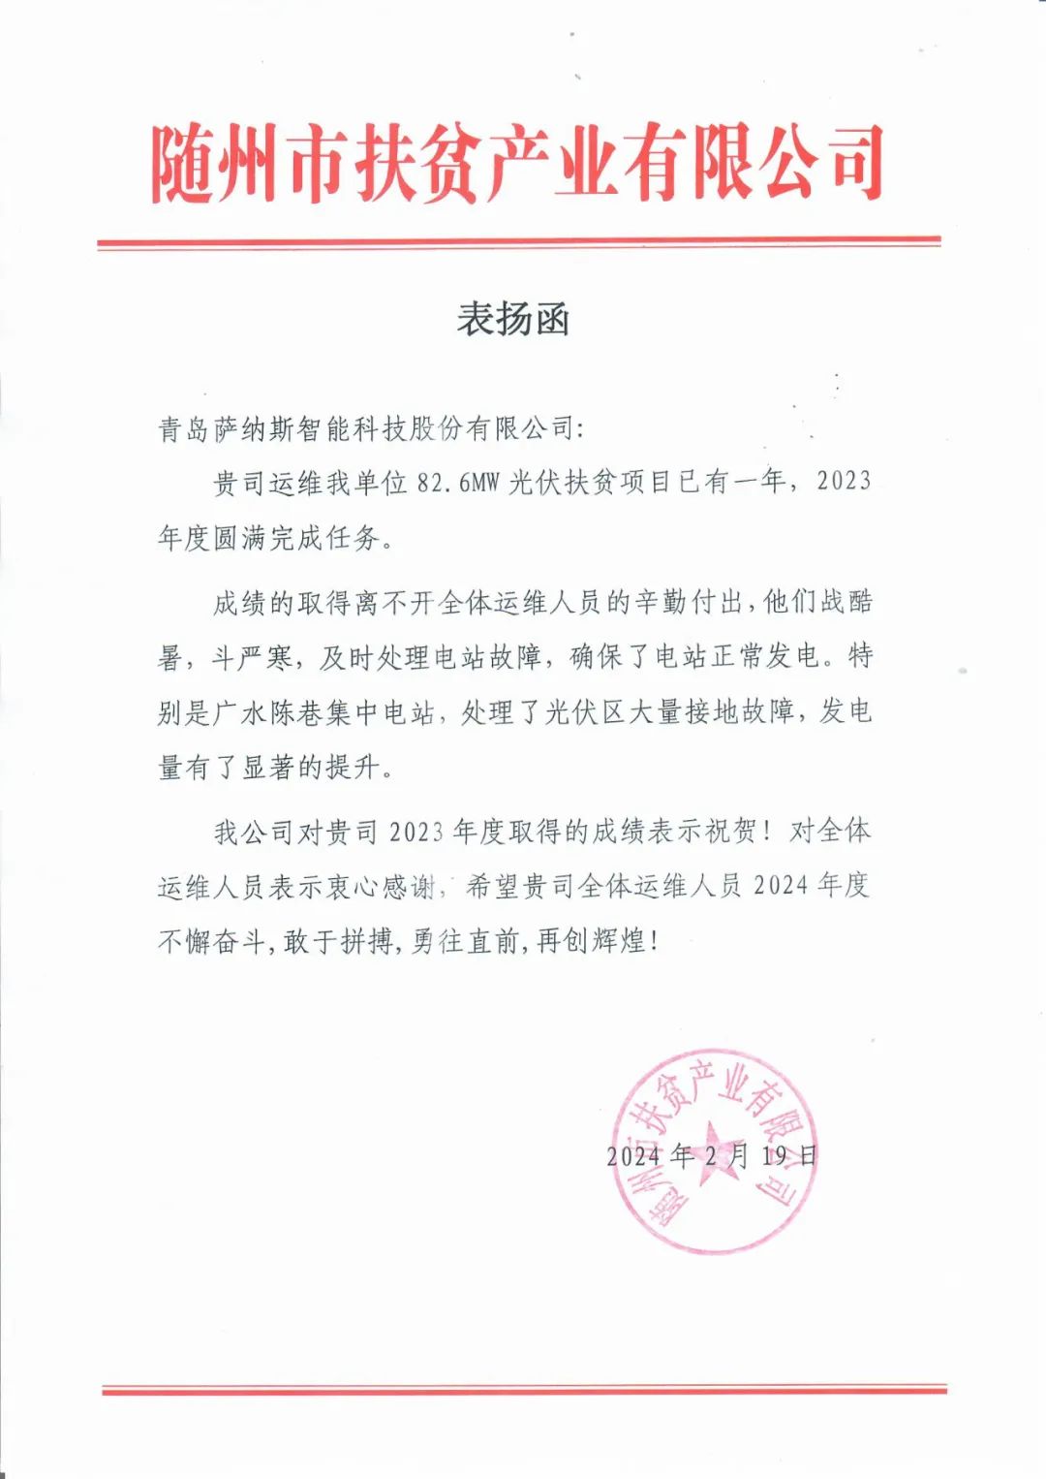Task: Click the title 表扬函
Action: (x=513, y=319)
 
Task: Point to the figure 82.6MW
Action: (x=456, y=483)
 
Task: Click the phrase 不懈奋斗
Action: (x=212, y=941)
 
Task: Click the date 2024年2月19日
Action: (x=712, y=1155)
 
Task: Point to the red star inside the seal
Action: (x=716, y=1151)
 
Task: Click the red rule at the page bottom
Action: (x=524, y=1391)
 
